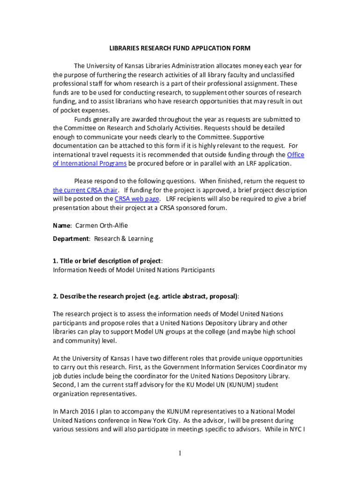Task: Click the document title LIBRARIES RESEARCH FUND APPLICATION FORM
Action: click(x=180, y=48)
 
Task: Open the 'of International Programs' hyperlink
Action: click(x=90, y=163)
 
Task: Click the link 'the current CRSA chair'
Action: click(x=85, y=190)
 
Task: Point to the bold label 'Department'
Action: click(x=71, y=239)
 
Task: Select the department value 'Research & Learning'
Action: click(x=123, y=239)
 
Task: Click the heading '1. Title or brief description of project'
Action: click(x=108, y=261)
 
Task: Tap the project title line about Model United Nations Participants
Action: click(x=134, y=270)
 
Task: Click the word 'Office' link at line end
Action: click(x=295, y=154)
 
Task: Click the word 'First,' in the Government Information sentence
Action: click(x=151, y=367)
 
